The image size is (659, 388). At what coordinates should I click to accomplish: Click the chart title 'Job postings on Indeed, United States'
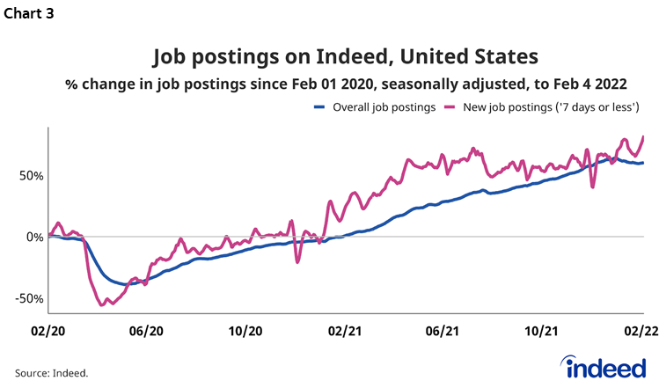pyautogui.click(x=345, y=57)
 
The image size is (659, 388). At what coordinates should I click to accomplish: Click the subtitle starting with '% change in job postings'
pyautogui.click(x=346, y=84)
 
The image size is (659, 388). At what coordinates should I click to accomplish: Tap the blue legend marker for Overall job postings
pyautogui.click(x=320, y=107)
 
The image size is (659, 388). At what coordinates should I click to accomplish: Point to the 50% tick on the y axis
pyautogui.click(x=28, y=176)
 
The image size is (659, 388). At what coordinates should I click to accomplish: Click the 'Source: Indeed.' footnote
pyautogui.click(x=52, y=372)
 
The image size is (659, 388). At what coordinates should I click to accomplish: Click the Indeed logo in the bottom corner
pyautogui.click(x=605, y=366)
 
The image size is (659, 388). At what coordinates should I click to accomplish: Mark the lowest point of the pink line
pyautogui.click(x=103, y=304)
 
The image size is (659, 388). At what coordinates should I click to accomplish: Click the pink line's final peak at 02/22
pyautogui.click(x=643, y=136)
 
